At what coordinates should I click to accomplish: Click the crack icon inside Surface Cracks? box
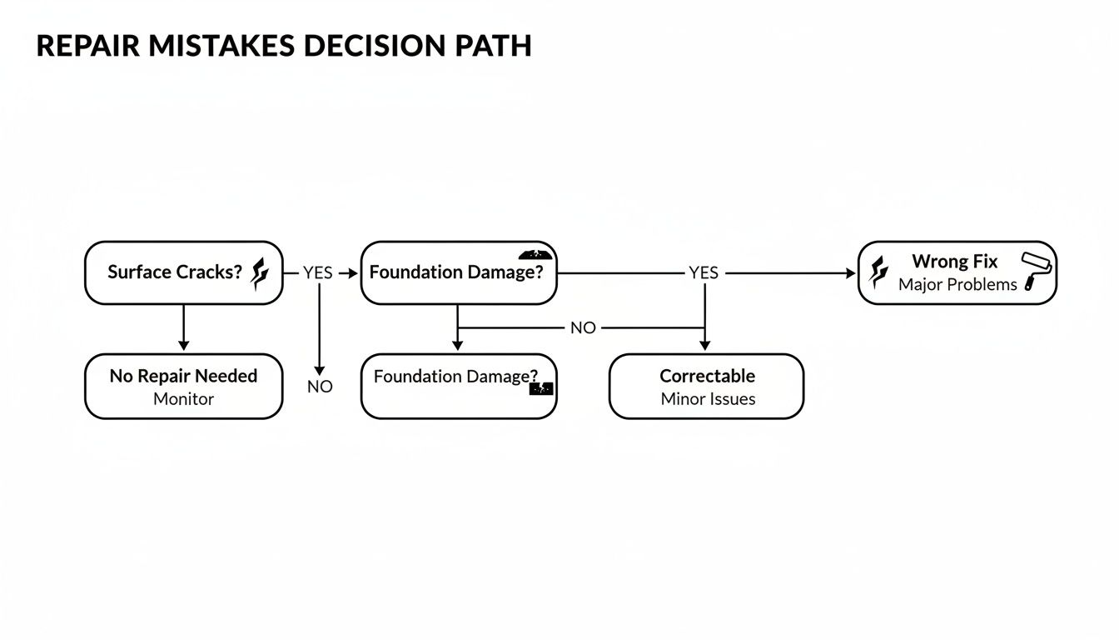[x=260, y=272]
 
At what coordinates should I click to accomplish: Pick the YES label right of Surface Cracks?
[x=317, y=272]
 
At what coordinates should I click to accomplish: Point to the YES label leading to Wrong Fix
[x=704, y=272]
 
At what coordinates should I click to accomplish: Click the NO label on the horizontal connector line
[x=583, y=327]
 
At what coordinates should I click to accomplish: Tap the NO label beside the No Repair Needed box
[x=320, y=387]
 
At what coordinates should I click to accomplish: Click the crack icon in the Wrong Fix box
[x=878, y=272]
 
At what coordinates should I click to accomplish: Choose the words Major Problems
[x=957, y=285]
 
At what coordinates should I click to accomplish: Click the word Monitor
[x=183, y=399]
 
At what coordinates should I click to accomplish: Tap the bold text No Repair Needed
[x=183, y=376]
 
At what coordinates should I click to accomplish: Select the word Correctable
[x=707, y=376]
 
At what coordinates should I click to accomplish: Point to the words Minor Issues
[x=708, y=399]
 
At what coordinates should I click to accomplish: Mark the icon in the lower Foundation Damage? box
[x=540, y=387]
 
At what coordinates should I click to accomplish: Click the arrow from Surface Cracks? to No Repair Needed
[x=184, y=327]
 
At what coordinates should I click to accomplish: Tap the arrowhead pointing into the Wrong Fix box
[x=850, y=273]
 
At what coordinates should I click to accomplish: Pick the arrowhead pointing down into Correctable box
[x=705, y=345]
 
